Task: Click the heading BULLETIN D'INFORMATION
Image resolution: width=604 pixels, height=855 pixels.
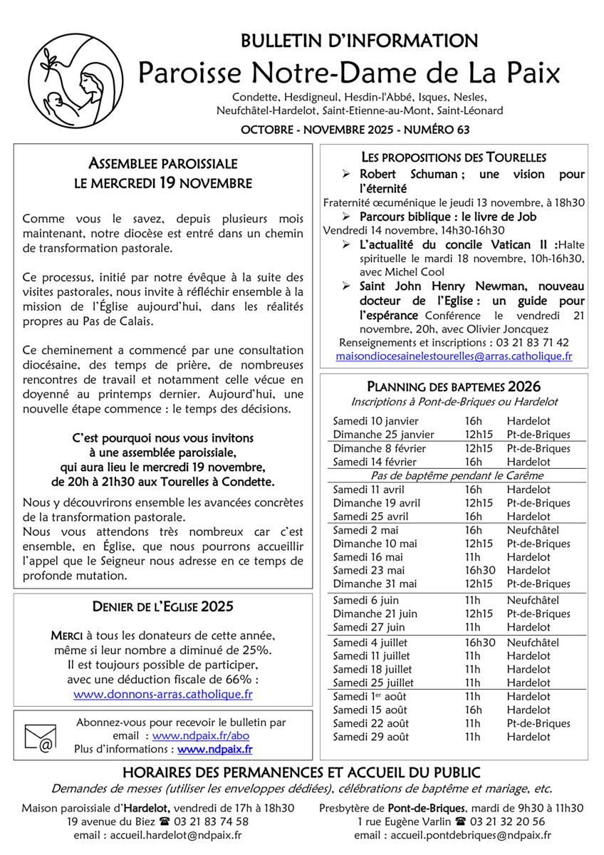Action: [359, 41]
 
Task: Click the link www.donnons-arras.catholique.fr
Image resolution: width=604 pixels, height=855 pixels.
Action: [163, 693]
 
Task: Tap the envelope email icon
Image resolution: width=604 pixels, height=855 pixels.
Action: [41, 737]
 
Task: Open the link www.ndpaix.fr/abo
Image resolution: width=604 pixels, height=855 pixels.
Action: [201, 735]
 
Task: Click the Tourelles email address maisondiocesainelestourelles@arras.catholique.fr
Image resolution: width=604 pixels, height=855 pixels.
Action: [454, 355]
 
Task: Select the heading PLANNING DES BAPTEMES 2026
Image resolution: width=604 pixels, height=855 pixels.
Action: [454, 387]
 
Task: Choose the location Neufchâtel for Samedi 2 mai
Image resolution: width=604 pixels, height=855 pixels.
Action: [533, 530]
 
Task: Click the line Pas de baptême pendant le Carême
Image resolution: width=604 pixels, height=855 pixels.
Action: [457, 475]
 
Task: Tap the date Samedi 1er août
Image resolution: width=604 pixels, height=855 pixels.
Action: [370, 696]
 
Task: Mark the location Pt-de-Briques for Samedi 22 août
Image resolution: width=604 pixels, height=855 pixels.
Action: [538, 723]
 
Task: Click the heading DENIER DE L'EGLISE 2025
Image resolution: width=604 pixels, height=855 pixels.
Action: [163, 607]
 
